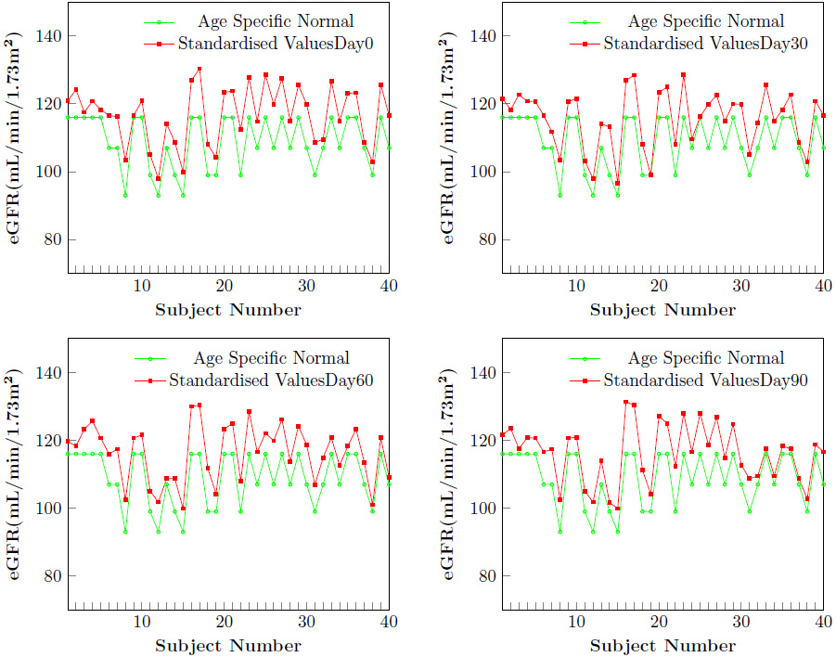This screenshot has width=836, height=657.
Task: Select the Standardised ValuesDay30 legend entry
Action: coord(701,43)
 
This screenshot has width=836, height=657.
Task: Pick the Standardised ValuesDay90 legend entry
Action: coord(701,380)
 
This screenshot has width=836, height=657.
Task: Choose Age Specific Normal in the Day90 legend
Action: coord(706,358)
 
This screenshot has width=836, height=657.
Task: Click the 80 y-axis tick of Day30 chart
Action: coord(487,240)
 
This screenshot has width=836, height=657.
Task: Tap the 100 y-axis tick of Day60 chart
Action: coord(48,509)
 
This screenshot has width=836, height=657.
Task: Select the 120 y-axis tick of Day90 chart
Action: coord(483,441)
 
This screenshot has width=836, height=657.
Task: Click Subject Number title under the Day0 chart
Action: coord(227,310)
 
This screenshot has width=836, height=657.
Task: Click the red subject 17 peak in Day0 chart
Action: coord(199,70)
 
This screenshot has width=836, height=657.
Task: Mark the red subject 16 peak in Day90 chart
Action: coord(625,402)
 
